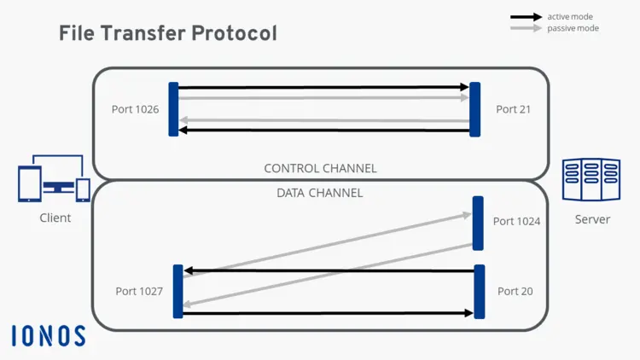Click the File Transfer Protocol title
click(x=167, y=33)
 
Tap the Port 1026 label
click(x=135, y=109)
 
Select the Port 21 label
click(x=513, y=109)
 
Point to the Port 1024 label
click(x=516, y=221)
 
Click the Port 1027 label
click(x=139, y=291)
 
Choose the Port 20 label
click(x=515, y=291)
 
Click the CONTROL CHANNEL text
click(x=320, y=168)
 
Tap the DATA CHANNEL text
click(x=320, y=193)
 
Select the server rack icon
click(x=591, y=180)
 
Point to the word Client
click(x=55, y=218)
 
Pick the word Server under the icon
click(x=592, y=219)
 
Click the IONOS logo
click(x=49, y=335)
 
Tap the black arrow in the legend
click(x=526, y=17)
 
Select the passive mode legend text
click(x=573, y=28)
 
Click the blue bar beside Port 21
click(x=475, y=109)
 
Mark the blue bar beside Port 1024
click(x=478, y=223)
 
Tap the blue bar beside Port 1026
click(x=173, y=109)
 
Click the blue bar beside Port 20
click(x=479, y=291)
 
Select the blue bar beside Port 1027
click(x=178, y=291)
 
